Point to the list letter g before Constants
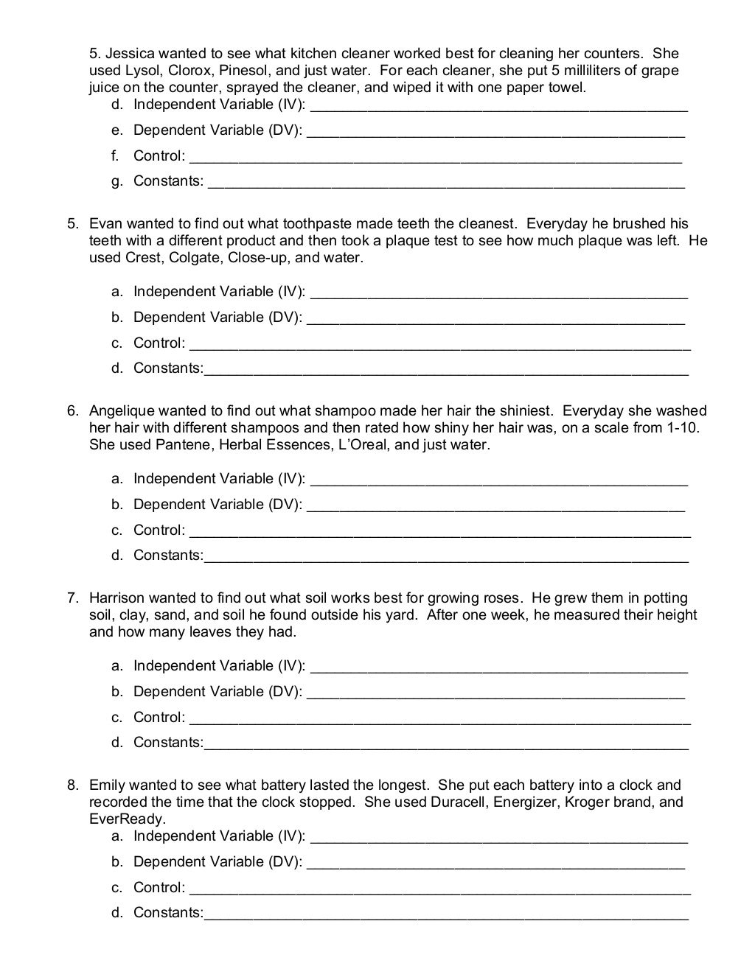(x=116, y=181)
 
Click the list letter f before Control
(x=115, y=155)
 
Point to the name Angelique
(x=122, y=411)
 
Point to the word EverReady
(x=126, y=819)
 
